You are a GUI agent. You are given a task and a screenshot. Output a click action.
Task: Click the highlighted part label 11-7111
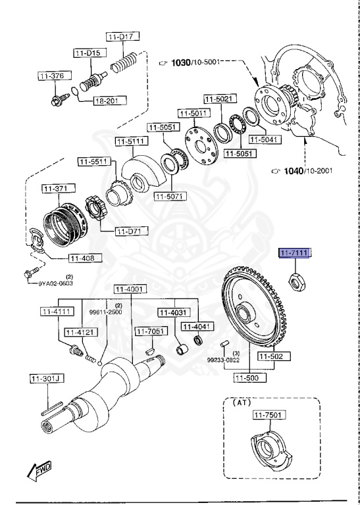point(296,253)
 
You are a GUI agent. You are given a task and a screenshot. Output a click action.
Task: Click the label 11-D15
point(87,52)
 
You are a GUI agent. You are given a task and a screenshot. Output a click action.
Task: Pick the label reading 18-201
point(107,101)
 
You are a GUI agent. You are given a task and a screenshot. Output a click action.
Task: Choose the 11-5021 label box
point(218,99)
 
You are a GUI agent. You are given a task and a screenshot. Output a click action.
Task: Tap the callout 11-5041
point(269,139)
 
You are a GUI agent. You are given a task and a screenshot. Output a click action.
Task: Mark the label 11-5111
point(131,141)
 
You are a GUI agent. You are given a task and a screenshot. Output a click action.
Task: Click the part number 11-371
point(56,189)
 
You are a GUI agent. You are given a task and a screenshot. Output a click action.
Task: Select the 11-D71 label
point(132,231)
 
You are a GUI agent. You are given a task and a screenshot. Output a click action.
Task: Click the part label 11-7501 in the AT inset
point(266,416)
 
